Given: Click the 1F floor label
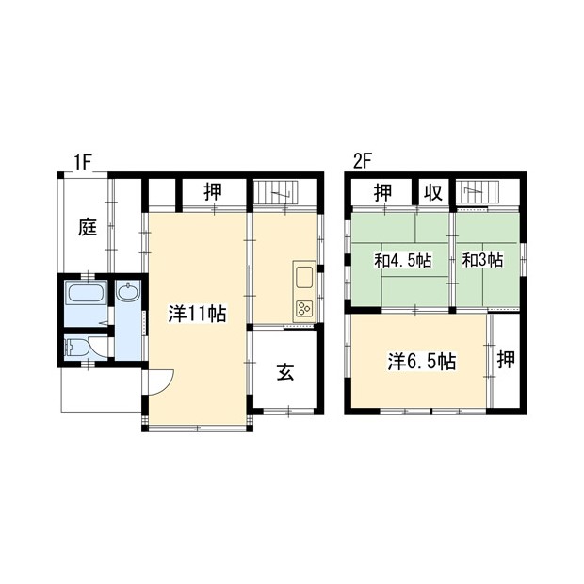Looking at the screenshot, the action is tap(82, 163).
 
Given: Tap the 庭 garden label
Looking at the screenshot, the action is tap(88, 227).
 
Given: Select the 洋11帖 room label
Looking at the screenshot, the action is tap(197, 314).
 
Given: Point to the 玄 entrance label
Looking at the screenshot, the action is tap(285, 372).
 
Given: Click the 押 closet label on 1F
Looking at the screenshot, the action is tap(213, 192).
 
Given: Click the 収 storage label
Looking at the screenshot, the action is tap(433, 193).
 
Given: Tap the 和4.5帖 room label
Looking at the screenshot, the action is tap(403, 260).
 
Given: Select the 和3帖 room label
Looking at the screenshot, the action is tap(482, 260).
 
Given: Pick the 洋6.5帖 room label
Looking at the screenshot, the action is tap(422, 362).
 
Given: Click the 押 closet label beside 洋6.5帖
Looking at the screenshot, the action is tap(506, 359).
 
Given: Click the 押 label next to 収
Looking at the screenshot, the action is tap(383, 192).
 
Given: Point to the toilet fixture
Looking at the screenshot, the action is tap(75, 349).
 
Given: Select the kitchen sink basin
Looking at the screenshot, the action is tap(304, 276).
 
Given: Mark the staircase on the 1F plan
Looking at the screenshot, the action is tap(285, 192).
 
